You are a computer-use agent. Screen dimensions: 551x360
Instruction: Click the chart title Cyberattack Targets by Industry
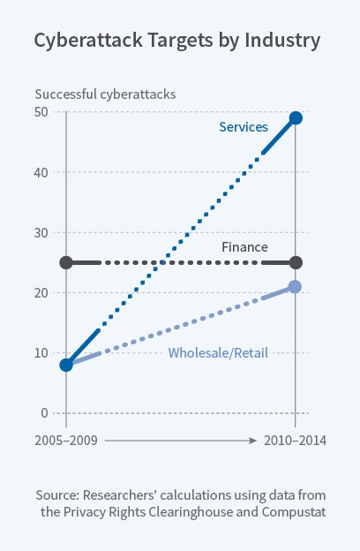click(177, 41)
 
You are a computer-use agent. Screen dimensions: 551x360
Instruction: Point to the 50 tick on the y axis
click(41, 112)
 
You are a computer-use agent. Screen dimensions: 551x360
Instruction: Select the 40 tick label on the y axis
click(41, 172)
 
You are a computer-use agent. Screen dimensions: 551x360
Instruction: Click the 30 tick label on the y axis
click(41, 232)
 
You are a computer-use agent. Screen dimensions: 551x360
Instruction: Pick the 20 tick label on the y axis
click(41, 292)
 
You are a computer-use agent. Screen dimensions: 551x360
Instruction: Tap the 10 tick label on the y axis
click(41, 352)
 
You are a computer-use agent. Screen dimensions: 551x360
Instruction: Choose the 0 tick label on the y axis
click(45, 412)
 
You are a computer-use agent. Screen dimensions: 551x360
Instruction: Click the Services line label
click(244, 127)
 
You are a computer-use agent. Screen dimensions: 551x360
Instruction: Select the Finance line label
click(244, 247)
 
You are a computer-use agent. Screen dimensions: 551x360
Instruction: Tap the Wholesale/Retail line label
click(217, 354)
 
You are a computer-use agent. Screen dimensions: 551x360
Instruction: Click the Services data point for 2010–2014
click(296, 118)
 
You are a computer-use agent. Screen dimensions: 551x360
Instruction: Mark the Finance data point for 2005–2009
click(66, 262)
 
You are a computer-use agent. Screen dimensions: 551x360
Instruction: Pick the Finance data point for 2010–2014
click(296, 262)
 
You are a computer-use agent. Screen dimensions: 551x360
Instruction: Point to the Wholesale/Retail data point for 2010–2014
click(296, 287)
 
